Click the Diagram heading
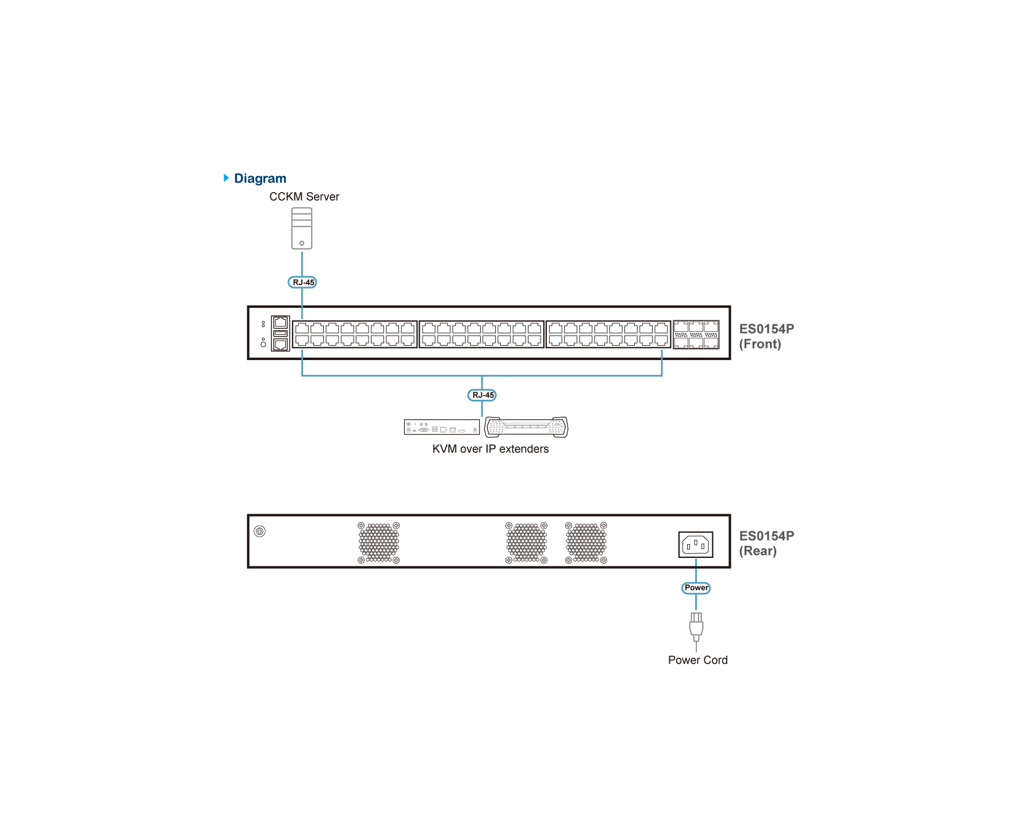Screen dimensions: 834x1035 260,178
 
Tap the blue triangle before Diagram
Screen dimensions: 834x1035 226,178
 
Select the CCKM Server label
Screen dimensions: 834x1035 304,197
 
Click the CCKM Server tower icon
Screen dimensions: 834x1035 302,228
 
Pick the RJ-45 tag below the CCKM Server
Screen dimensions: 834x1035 302,282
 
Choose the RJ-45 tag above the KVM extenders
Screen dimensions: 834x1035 482,395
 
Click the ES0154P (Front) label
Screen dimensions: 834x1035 766,336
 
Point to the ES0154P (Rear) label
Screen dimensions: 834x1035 766,544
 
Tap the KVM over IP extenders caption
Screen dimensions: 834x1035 490,449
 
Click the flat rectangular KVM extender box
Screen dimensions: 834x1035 442,427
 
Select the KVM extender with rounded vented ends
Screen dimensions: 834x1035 526,427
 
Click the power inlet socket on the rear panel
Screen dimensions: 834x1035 696,545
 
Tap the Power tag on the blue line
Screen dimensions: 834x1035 696,588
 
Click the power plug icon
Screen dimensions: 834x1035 696,628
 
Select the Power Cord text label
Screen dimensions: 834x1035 697,660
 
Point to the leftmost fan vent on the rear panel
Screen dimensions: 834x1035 378,542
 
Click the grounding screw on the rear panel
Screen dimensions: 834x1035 260,531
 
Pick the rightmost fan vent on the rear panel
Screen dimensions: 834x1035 586,542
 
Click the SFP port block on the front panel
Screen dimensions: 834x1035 696,335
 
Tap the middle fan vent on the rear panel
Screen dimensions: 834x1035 526,542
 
